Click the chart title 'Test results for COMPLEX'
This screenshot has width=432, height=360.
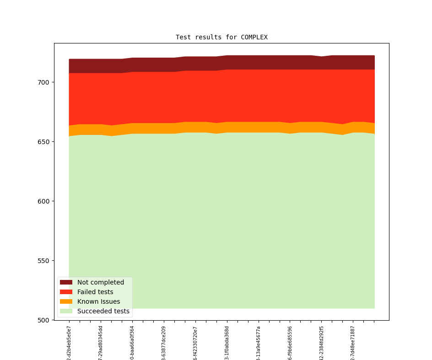221,37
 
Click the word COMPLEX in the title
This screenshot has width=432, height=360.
254,37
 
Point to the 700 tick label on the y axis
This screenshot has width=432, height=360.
44,82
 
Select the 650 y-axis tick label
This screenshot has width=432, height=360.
44,142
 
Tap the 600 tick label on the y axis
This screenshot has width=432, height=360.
44,201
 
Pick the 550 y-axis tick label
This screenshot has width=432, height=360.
44,261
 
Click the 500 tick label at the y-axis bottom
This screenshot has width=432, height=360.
44,320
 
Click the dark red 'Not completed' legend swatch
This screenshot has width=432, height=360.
66,282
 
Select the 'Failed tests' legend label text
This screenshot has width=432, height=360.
95,292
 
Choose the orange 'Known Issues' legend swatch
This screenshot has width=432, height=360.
66,301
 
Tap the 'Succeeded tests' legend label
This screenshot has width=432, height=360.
103,311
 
